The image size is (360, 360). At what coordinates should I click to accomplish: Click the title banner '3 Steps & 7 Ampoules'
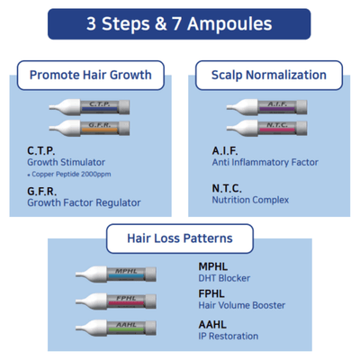tap(179, 23)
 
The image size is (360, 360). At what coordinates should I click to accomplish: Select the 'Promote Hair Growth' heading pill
tap(90, 74)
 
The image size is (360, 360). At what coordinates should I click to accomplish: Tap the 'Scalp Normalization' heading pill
tap(268, 74)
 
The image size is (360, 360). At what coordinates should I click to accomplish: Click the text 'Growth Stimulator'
tap(66, 162)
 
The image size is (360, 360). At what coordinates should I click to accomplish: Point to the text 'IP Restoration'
tap(228, 336)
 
